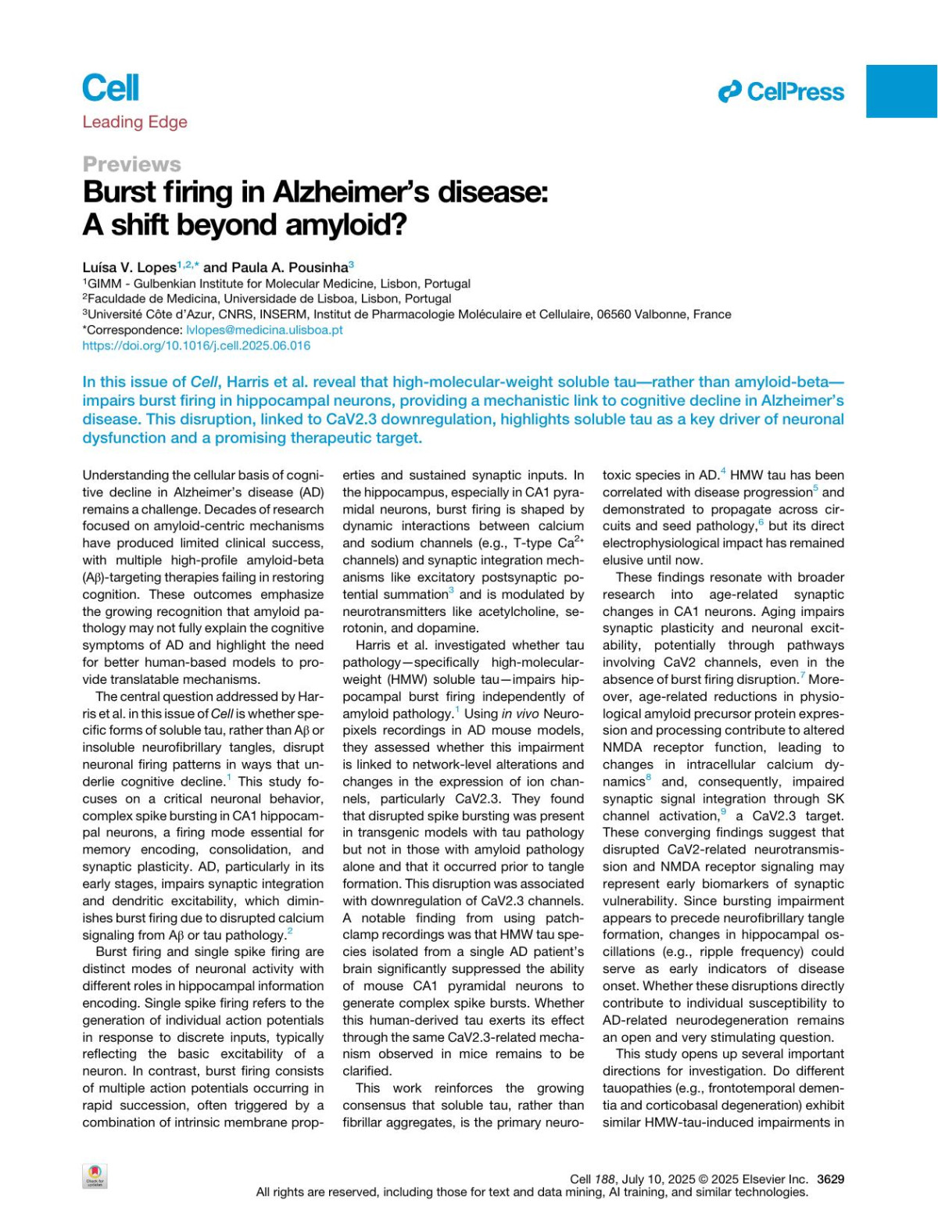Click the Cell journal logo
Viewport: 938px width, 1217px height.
click(110, 88)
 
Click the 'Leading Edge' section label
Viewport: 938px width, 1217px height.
click(134, 122)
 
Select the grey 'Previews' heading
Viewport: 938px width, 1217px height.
click(131, 164)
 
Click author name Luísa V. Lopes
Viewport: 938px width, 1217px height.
click(129, 267)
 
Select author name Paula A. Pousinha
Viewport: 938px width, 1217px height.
click(285, 267)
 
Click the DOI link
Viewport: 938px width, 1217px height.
click(196, 345)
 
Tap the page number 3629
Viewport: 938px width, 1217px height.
click(830, 1179)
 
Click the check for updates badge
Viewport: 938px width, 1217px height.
click(95, 1176)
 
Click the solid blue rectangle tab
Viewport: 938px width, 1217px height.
click(901, 91)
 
